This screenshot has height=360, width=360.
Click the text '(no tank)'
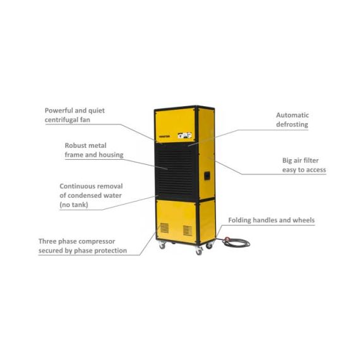[74, 205]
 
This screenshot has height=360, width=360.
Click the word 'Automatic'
[292, 115]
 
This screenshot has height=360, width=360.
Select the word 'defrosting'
[292, 124]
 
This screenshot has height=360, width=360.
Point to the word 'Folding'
[240, 220]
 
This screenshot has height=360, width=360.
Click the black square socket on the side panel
[207, 176]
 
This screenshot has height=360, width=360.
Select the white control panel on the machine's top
[185, 135]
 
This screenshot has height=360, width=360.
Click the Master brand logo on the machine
[164, 136]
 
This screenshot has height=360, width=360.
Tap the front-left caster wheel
[162, 246]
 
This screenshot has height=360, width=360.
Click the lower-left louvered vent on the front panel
[164, 228]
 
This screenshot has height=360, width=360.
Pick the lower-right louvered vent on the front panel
[188, 231]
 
